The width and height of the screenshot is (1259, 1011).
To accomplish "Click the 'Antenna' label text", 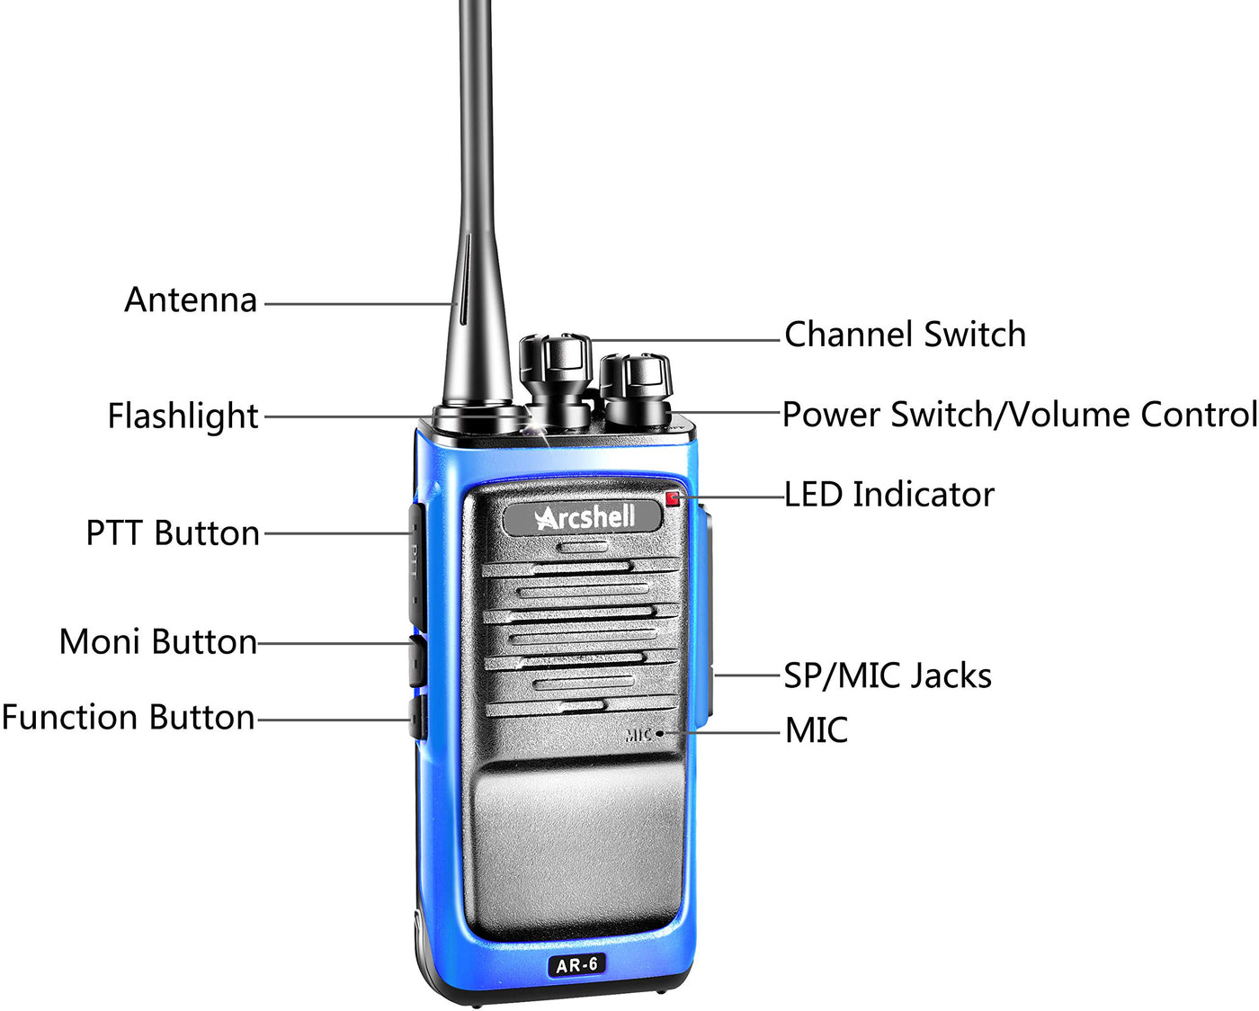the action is pyautogui.click(x=191, y=300).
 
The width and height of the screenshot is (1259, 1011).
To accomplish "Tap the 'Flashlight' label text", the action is pyautogui.click(x=183, y=416).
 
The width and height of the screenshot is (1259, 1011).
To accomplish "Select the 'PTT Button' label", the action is pyautogui.click(x=174, y=533).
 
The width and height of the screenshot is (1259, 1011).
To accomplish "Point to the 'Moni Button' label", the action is pyautogui.click(x=158, y=642).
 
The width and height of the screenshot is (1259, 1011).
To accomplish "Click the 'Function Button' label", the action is pyautogui.click(x=128, y=717).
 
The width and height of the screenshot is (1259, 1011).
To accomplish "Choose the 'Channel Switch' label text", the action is pyautogui.click(x=905, y=334).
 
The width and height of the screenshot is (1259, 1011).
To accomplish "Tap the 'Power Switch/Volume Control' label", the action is pyautogui.click(x=1020, y=415).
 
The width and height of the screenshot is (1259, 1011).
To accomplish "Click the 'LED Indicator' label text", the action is pyautogui.click(x=889, y=495).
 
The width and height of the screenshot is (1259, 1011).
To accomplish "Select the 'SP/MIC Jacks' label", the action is pyautogui.click(x=888, y=675).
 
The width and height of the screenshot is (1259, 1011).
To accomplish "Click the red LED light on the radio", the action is pyautogui.click(x=673, y=499).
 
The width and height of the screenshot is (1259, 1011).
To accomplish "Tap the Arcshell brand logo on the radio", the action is pyautogui.click(x=583, y=517).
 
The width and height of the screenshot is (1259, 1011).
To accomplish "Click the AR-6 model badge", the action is pyautogui.click(x=576, y=964).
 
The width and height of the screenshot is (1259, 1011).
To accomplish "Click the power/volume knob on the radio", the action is pyautogui.click(x=637, y=389).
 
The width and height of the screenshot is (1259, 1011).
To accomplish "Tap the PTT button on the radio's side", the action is pyautogui.click(x=416, y=567).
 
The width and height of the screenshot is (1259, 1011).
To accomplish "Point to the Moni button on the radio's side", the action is pyautogui.click(x=417, y=661).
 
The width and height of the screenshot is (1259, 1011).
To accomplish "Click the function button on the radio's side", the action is pyautogui.click(x=417, y=717).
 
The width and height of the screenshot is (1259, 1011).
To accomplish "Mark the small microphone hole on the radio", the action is pyautogui.click(x=659, y=733).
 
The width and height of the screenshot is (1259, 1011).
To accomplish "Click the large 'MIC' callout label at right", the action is pyautogui.click(x=817, y=730).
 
